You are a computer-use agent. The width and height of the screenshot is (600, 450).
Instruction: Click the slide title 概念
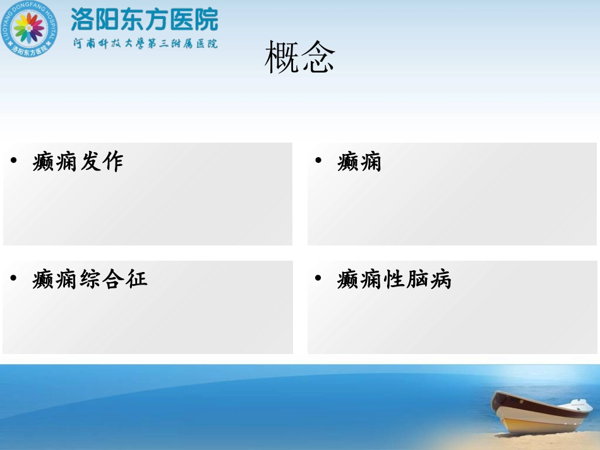coord(300,58)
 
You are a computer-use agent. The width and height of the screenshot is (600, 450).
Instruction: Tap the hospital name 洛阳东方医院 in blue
coord(145,19)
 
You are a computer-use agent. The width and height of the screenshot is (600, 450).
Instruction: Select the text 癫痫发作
coord(78,162)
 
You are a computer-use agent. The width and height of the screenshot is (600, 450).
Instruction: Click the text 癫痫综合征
coord(90,279)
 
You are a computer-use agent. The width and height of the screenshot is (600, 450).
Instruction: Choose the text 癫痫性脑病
coord(394,279)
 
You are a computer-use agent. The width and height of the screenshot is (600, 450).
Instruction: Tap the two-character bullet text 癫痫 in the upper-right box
coord(359,162)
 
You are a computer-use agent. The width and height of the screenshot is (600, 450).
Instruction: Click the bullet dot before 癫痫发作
coord(14,161)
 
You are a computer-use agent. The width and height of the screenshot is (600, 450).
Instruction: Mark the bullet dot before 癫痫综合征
coord(14,278)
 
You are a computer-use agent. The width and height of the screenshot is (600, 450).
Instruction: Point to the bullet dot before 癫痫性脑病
coord(318,278)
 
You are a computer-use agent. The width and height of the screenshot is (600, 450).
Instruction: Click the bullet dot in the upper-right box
coord(318,161)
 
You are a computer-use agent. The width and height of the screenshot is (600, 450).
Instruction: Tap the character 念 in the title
coord(318,58)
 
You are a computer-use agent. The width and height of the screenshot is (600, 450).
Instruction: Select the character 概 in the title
coord(282,58)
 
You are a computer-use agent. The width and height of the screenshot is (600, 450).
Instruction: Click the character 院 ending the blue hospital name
coord(206,19)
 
